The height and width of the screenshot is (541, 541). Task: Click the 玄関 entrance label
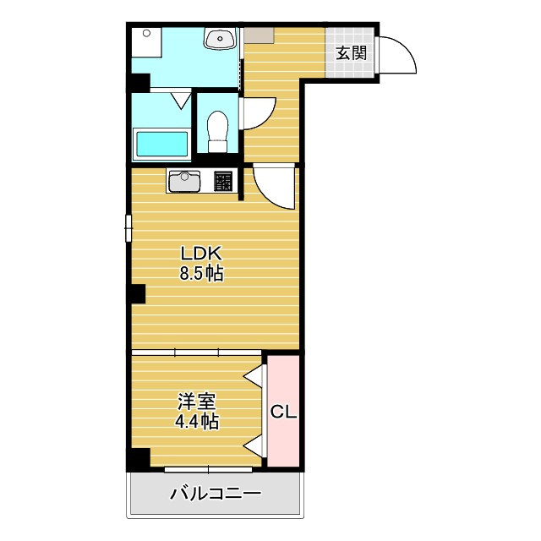coord(352,53)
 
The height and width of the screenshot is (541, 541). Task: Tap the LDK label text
coord(200,253)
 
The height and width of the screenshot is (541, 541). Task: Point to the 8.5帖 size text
coord(200,273)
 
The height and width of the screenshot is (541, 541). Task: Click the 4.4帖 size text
coord(195,421)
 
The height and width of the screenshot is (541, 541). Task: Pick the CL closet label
coord(283,412)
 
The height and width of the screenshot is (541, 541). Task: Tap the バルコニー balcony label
coord(215,494)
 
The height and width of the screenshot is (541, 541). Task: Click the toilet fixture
coord(218,131)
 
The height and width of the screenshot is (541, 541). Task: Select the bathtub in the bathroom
coord(162,144)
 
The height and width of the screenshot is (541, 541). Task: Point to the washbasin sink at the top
coord(221,38)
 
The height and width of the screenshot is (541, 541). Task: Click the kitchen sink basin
coord(183,182)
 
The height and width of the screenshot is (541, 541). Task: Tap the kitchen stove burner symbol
coord(223,181)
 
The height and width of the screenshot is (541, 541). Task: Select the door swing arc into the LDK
coord(272,186)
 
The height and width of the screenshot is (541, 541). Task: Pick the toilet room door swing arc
coord(258,114)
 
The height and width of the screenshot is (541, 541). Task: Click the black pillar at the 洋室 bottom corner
coord(138,459)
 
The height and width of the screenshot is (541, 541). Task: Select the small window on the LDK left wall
coord(128,228)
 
